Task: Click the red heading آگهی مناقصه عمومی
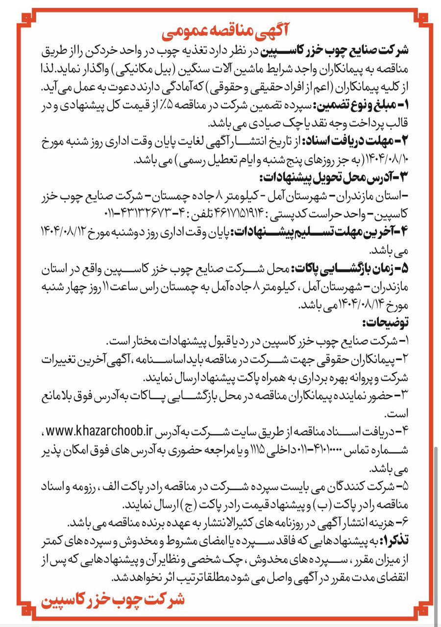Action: [x=222, y=33]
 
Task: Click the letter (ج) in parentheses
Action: [x=188, y=504]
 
